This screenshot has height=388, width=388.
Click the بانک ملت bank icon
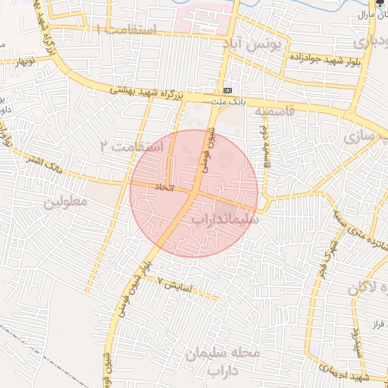pyautogui.click(x=228, y=86)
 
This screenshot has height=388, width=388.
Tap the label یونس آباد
pyautogui.click(x=252, y=45)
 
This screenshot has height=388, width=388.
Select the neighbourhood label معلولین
pyautogui.click(x=66, y=202)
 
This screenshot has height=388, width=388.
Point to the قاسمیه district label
pyautogui.click(x=272, y=111)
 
